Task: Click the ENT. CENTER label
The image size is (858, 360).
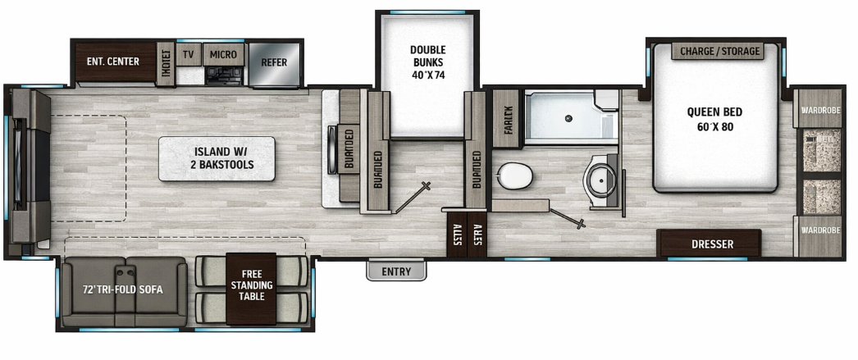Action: pos(113,62)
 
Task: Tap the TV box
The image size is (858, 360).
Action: pos(189,55)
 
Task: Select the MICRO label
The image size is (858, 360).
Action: pos(222,55)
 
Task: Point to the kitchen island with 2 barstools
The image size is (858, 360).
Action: pos(217,158)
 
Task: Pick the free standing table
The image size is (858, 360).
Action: pos(252,285)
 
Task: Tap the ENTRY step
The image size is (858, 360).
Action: pos(396,271)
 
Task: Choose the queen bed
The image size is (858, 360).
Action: pos(715,123)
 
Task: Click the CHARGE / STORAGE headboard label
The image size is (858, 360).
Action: pos(719,52)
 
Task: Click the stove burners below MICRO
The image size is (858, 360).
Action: pos(221,75)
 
